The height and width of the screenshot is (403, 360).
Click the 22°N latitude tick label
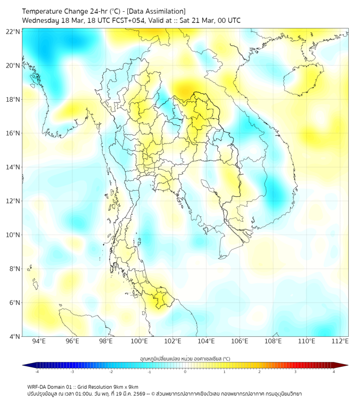[x=13, y=32]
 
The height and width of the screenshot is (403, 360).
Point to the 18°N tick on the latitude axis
[x=13, y=100]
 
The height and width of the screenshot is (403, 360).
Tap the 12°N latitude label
[x=13, y=201]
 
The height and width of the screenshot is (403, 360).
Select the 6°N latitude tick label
[x=13, y=303]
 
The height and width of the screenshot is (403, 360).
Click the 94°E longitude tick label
[x=39, y=341]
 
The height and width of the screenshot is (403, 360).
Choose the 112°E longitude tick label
[x=340, y=341]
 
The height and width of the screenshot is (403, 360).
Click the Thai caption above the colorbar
[x=185, y=358]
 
